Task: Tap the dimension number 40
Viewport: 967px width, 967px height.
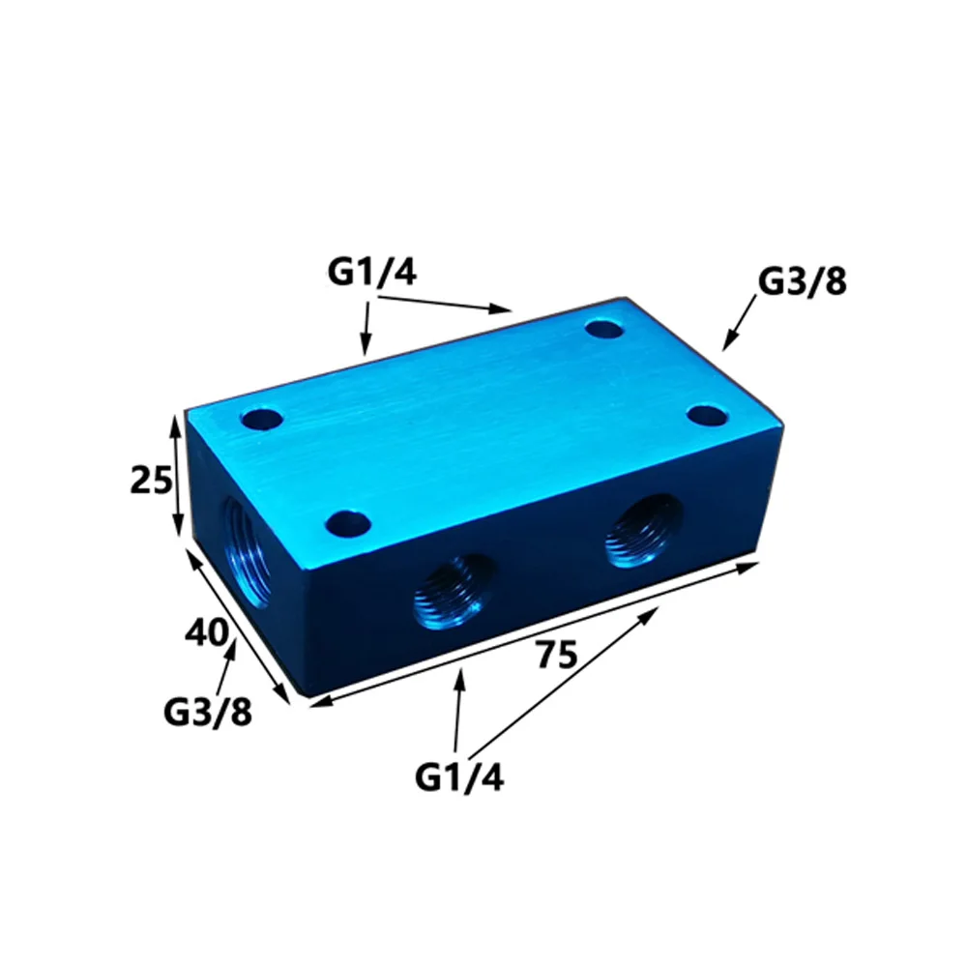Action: click(207, 633)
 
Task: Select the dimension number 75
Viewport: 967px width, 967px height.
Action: click(556, 655)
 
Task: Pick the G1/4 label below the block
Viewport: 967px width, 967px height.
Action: click(459, 776)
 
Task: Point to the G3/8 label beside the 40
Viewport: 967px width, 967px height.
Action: click(207, 713)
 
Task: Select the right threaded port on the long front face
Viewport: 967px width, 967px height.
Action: click(642, 532)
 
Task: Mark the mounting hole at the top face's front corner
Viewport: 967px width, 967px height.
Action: click(348, 525)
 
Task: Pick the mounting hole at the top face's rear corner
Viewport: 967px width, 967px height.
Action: click(606, 330)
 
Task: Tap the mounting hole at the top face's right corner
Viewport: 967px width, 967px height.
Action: click(707, 417)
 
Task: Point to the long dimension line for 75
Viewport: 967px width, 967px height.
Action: click(532, 633)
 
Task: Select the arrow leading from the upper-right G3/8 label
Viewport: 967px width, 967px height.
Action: click(740, 323)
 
